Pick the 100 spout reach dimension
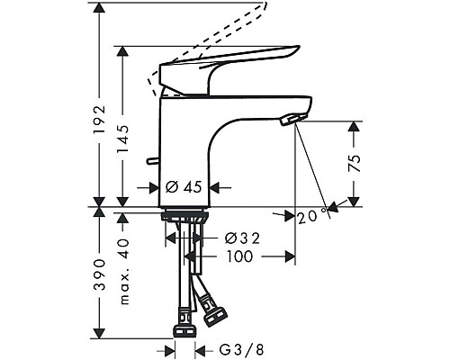point(239,256)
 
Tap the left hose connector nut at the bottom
point(185,322)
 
